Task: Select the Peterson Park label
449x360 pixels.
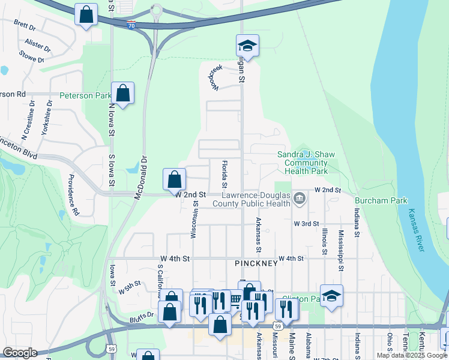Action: click(85, 95)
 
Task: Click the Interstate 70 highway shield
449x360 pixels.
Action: click(131, 25)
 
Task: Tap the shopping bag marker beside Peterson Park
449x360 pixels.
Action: click(123, 94)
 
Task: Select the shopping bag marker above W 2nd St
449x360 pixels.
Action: click(174, 179)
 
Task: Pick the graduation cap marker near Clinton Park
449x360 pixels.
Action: click(331, 296)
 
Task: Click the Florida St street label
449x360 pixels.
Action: click(224, 173)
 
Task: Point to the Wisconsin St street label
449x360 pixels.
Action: click(194, 219)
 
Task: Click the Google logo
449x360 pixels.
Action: click(20, 353)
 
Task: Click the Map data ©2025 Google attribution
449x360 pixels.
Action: click(412, 355)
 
